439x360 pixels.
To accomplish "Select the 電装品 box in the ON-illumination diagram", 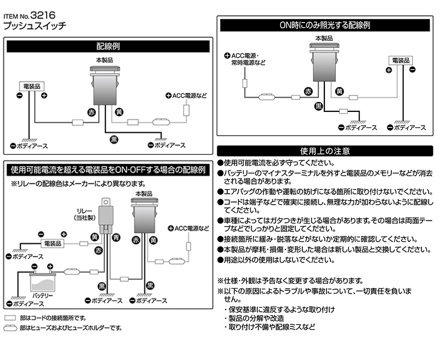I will [401, 59].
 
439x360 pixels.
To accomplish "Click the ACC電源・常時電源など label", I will [248, 59].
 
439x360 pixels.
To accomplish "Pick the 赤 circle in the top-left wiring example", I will [92, 111].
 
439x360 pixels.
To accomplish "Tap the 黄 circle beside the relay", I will [95, 237].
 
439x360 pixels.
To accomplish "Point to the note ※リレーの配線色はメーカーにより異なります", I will [77, 183].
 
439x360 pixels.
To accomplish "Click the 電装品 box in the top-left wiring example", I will [32, 86].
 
